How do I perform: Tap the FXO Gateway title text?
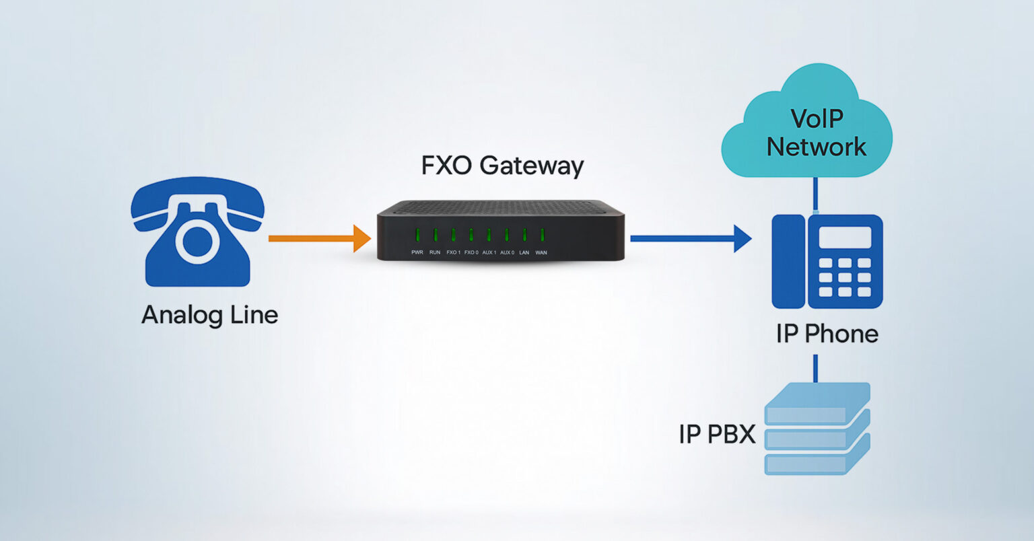tap(502, 166)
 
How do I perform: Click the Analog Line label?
tap(209, 315)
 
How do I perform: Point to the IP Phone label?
tap(827, 334)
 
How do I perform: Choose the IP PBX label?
tap(717, 435)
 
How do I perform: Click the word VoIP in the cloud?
tap(817, 118)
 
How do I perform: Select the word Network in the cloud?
tap(817, 147)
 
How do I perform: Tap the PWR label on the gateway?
tap(417, 252)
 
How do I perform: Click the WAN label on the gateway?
tap(541, 252)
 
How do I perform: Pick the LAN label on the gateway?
tap(524, 252)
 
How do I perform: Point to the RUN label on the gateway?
tap(435, 252)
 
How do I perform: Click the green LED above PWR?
tap(417, 235)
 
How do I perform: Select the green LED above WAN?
tap(542, 235)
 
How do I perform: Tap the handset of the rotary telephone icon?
tap(197, 195)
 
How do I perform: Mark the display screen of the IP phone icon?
tap(844, 238)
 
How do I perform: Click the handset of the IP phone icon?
tap(788, 261)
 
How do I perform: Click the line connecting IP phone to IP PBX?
tap(816, 368)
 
